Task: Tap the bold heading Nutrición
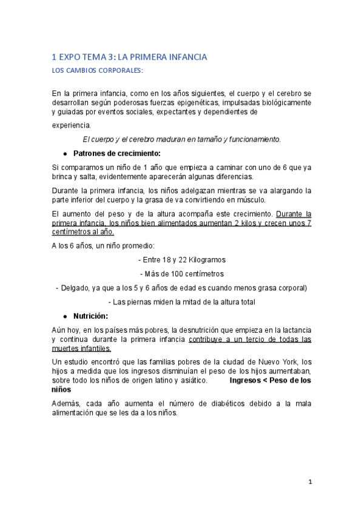click(91, 316)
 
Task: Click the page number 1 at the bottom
click(309, 483)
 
